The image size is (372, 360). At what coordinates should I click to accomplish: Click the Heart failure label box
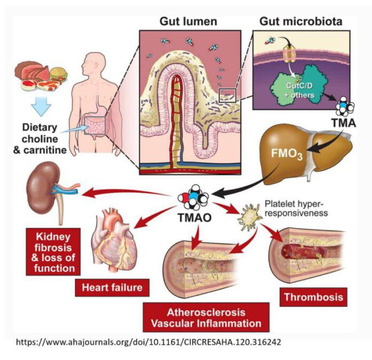(112, 287)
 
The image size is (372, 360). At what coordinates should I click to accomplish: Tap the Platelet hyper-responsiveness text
(294, 209)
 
